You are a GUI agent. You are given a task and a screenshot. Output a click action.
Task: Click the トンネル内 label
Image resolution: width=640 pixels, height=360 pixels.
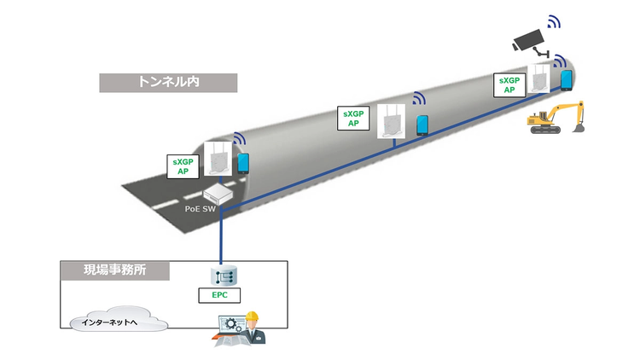(167, 82)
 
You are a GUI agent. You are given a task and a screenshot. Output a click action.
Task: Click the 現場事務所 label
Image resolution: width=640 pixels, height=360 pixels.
(114, 271)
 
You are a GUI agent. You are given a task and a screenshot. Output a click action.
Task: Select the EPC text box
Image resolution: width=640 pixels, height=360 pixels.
(221, 296)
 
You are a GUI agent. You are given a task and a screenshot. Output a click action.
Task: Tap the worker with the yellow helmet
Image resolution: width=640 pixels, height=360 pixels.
(253, 328)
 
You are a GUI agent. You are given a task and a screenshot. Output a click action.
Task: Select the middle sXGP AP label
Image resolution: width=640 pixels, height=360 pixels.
(352, 118)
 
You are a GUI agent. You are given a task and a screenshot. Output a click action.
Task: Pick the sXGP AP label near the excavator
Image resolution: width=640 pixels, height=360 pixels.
(509, 84)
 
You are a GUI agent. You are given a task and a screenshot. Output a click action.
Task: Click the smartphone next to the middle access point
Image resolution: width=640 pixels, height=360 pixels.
(422, 125)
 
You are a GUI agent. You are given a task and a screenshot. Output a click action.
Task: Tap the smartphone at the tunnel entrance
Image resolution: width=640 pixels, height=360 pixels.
(243, 162)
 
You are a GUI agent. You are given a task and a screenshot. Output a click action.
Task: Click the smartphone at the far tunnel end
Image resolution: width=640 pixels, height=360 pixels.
(566, 80)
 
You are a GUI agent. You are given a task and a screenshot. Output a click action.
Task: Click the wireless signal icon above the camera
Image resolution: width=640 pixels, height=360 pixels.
(555, 20)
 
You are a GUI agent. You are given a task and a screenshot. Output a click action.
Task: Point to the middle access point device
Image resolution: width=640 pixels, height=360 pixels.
(391, 120)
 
